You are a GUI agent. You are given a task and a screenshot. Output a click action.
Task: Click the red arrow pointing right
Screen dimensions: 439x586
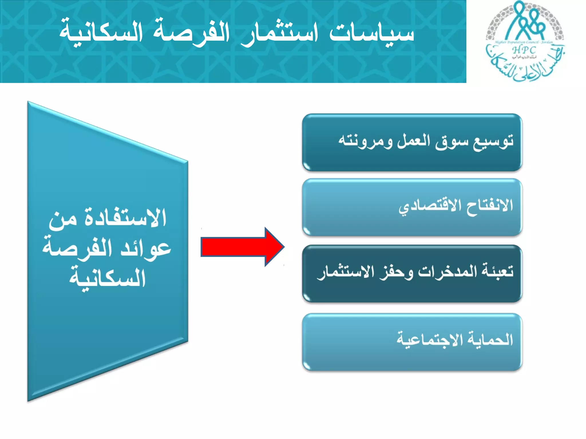242,247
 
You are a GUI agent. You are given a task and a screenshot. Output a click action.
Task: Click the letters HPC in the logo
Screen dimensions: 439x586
524,50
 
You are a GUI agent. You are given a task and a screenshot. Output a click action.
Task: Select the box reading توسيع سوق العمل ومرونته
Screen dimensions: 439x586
412,143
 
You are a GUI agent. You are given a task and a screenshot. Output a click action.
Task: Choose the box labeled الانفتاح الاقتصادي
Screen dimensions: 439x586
412,207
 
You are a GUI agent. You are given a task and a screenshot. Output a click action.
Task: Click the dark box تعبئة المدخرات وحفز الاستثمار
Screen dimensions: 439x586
412,274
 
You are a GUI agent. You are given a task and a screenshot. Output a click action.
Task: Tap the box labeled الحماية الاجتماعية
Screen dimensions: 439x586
412,342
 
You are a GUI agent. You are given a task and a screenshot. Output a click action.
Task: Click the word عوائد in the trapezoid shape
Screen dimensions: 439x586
146,249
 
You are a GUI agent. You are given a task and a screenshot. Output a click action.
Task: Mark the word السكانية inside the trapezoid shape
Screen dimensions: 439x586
108,279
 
